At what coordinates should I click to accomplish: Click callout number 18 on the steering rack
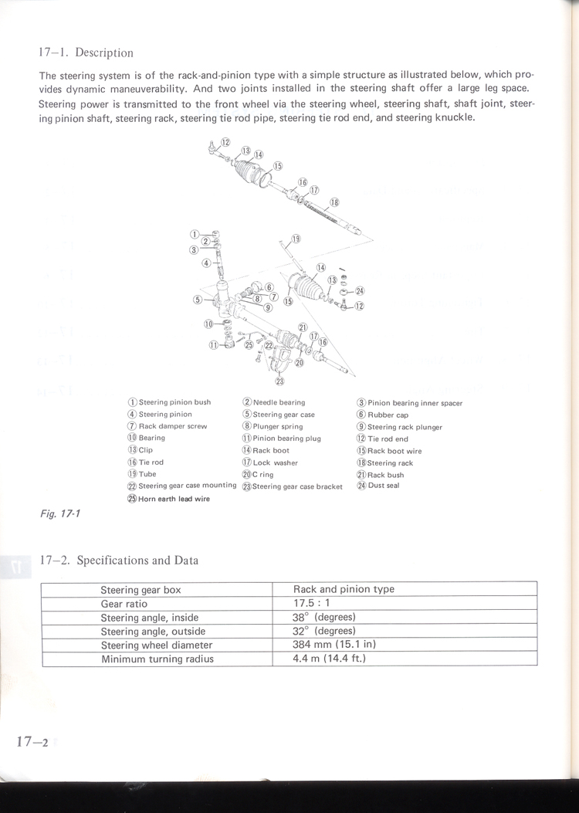[x=334, y=202]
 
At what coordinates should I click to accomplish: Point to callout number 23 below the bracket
[x=279, y=380]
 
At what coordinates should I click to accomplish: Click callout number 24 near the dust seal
[x=359, y=290]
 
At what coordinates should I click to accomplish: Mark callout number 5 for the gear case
[x=198, y=300]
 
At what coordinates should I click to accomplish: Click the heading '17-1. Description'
[x=86, y=53]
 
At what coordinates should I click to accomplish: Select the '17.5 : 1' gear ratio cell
[x=312, y=603]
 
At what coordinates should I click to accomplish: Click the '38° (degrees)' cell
[x=323, y=617]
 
